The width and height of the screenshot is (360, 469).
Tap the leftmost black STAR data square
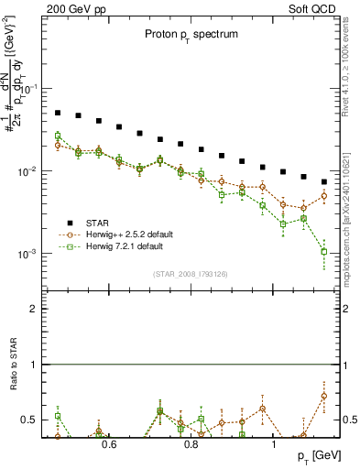pyautogui.click(x=58, y=113)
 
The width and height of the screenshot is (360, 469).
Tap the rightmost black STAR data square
pyautogui.click(x=324, y=181)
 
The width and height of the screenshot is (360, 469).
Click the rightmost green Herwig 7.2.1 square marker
pyautogui.click(x=324, y=251)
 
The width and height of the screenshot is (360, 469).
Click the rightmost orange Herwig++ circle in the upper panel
pyautogui.click(x=324, y=196)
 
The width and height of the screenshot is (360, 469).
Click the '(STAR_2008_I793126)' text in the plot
pyautogui.click(x=191, y=274)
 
